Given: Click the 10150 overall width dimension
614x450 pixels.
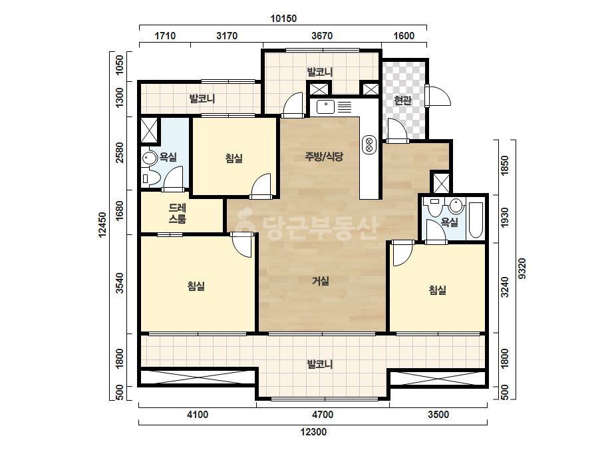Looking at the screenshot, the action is point(283,19).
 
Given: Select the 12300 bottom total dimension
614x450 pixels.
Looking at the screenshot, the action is point(313,432).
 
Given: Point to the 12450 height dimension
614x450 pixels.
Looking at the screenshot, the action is point(102,224).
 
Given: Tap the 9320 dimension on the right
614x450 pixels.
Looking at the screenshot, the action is point(522,268).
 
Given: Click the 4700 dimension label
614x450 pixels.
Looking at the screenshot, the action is point(323,414).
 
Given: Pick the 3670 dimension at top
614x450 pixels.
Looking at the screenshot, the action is point(322,36).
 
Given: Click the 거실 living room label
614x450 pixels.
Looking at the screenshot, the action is point(321,281).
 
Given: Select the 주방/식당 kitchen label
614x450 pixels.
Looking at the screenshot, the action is point(324,157).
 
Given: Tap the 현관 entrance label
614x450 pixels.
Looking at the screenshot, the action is point(402,101).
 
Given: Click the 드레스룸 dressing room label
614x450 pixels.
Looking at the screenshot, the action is point(178,213).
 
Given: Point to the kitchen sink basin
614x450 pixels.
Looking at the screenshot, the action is point(325,107).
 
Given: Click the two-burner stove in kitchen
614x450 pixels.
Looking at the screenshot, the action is point(369,144).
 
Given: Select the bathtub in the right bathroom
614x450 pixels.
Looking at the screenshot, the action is point(476,220).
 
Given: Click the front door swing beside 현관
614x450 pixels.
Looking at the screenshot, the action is point(439,96).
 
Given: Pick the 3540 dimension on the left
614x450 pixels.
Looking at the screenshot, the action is point(120,283).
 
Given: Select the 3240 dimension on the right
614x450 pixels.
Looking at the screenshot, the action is point(505,287).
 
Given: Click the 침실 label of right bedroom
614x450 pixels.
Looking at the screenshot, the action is point(438,290).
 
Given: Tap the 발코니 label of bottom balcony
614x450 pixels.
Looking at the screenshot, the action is point(320,364).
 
